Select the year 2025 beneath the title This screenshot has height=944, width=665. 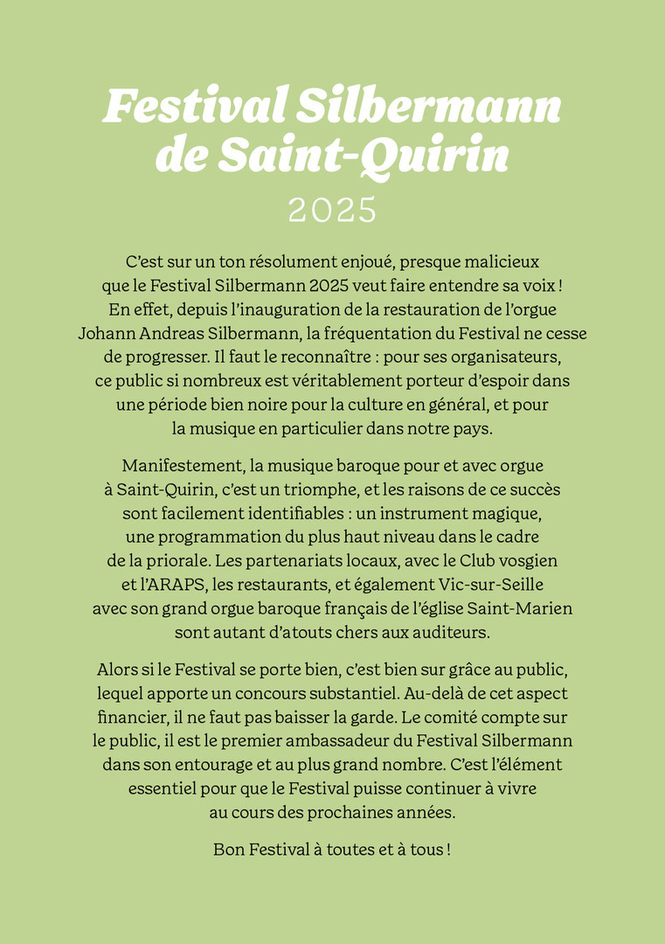332,210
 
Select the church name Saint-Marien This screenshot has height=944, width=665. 526,607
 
